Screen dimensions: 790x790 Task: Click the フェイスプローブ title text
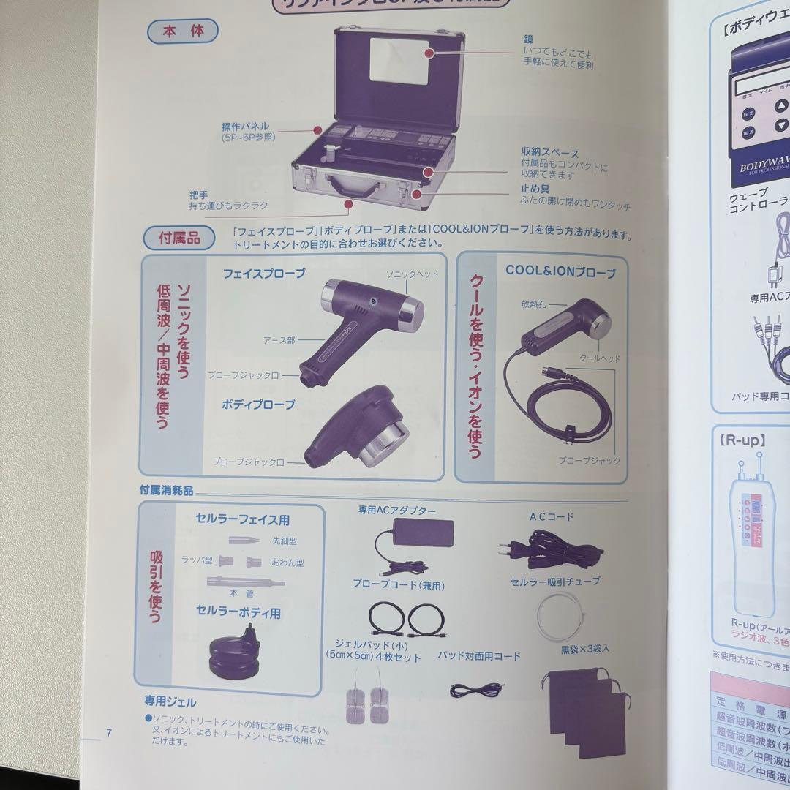[x=264, y=273]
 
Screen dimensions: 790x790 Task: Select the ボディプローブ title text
[x=258, y=404]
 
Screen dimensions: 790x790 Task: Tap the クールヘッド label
[x=600, y=358]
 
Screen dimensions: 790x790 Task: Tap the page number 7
[x=108, y=732]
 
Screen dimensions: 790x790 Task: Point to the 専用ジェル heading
[x=170, y=702]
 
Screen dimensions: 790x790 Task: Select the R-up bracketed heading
[x=743, y=440]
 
